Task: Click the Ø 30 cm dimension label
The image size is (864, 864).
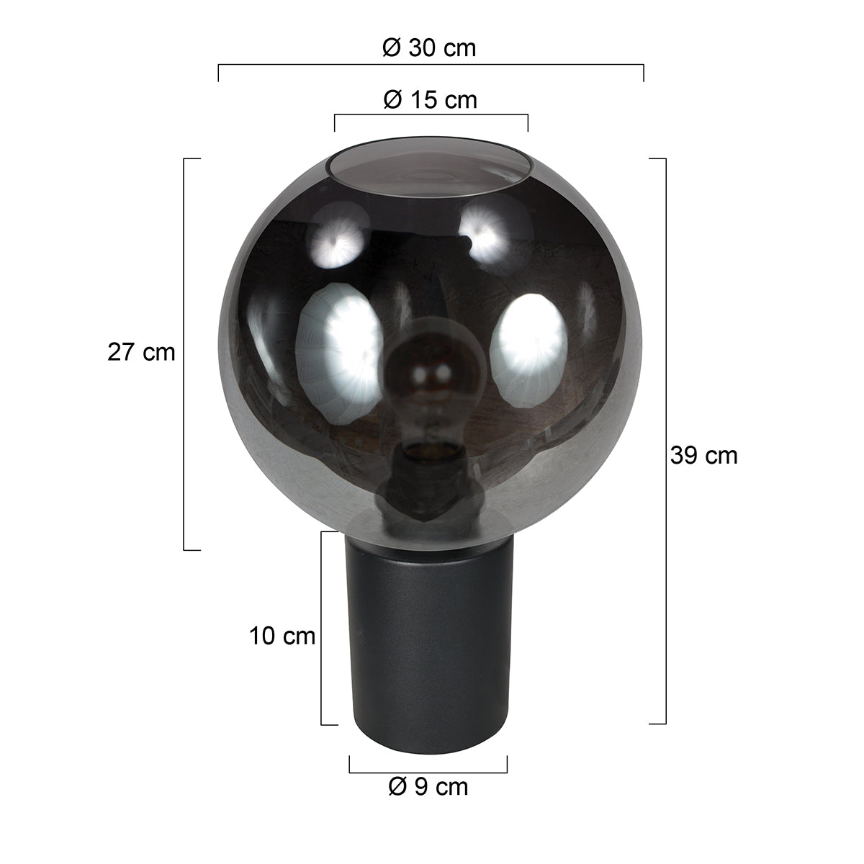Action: [x=429, y=48]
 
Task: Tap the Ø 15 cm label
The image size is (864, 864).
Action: [x=430, y=99]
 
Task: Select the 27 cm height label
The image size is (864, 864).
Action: [x=141, y=352]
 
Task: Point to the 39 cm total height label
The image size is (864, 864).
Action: [x=703, y=455]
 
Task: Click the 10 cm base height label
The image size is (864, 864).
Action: [x=282, y=636]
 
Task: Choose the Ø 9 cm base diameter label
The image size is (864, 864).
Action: [x=428, y=787]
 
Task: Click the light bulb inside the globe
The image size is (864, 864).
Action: [x=420, y=382]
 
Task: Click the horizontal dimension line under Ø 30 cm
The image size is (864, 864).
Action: [x=431, y=65]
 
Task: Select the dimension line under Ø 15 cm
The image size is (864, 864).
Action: [x=431, y=114]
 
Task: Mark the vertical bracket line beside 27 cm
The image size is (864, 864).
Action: [x=185, y=353]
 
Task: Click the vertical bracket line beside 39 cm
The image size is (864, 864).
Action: [x=665, y=441]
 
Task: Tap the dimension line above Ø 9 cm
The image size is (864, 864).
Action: [x=428, y=771]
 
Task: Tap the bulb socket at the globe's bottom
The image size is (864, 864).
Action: [x=429, y=479]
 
